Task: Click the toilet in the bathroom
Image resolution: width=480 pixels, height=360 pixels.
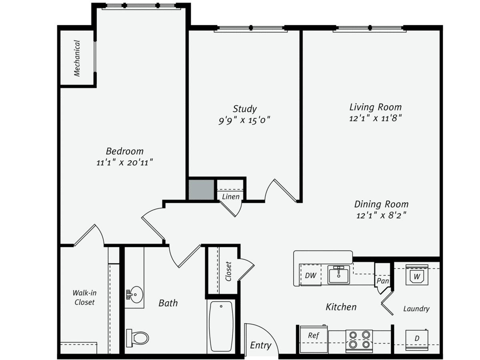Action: tap(137, 338)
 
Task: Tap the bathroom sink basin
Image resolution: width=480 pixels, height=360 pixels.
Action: tap(135, 295)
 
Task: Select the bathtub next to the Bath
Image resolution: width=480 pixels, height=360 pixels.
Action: tap(221, 326)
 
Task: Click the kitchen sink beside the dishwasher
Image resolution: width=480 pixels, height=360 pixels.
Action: tap(338, 275)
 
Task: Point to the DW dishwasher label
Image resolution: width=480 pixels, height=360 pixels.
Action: tap(310, 276)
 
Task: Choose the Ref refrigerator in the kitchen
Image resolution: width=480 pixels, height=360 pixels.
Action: tap(314, 339)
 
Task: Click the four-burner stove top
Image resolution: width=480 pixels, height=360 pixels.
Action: tap(359, 340)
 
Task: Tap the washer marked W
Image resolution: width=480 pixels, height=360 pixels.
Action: tap(417, 275)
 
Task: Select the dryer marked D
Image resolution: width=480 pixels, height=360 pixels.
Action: tap(417, 340)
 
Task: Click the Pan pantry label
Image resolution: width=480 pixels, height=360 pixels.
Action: tap(383, 281)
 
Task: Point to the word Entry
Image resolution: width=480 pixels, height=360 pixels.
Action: tap(261, 345)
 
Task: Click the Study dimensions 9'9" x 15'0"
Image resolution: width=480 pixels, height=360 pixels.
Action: tap(244, 120)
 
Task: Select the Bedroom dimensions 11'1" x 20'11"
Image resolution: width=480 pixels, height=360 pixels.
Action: tap(124, 162)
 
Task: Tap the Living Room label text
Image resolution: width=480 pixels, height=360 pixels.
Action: tap(376, 107)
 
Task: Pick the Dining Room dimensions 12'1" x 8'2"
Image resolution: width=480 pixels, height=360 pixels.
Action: tap(381, 215)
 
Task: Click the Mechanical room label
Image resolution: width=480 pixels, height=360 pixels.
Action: tap(77, 58)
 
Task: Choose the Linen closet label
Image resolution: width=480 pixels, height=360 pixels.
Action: tap(231, 197)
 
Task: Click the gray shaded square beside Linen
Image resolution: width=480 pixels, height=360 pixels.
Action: tap(202, 190)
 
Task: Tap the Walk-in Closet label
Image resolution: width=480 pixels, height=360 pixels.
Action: tap(84, 298)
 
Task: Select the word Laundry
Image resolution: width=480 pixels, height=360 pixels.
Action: tap(416, 309)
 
